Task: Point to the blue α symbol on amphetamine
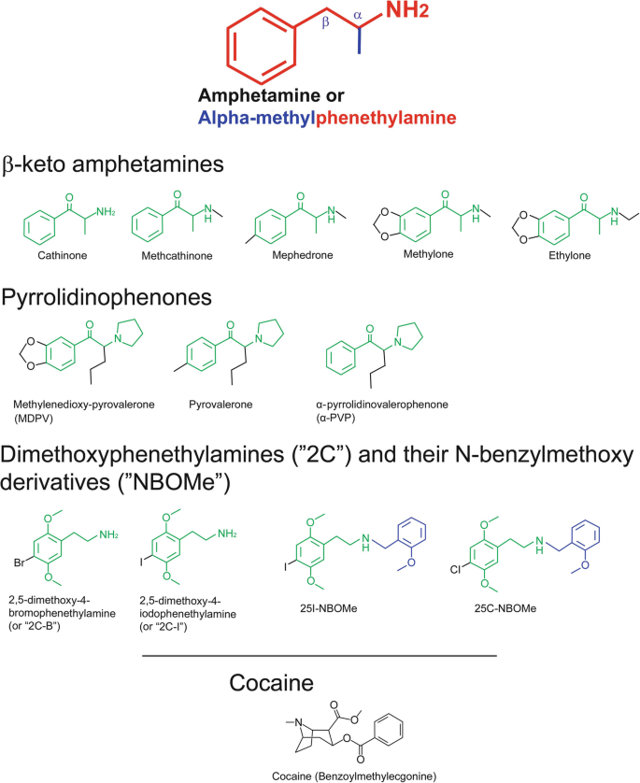[x=357, y=15]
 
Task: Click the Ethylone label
[x=566, y=254]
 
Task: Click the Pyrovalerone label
[x=227, y=405]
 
